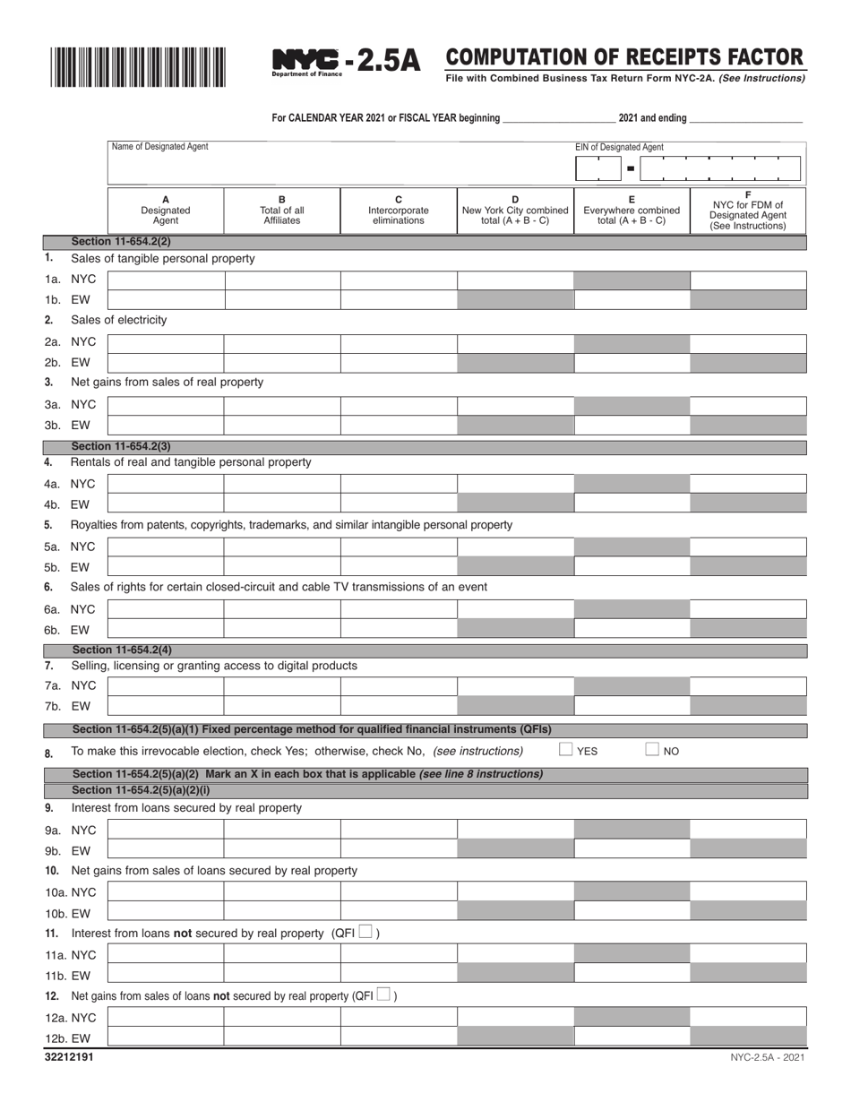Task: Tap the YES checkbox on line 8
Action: (x=565, y=750)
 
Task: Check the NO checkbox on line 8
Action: (x=652, y=750)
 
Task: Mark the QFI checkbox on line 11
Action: (x=365, y=933)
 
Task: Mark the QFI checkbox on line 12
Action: (x=383, y=994)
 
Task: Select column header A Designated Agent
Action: (x=166, y=211)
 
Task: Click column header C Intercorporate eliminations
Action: (x=399, y=211)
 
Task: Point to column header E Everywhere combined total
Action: (x=632, y=211)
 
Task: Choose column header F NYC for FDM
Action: (x=748, y=211)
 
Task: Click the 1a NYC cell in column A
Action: (x=166, y=280)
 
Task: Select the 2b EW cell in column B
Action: (x=282, y=363)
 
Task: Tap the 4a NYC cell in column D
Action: (x=515, y=484)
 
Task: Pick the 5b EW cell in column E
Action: (x=632, y=566)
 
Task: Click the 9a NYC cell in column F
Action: (x=748, y=829)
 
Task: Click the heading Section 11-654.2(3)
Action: (x=121, y=446)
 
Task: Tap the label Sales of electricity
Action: (x=118, y=320)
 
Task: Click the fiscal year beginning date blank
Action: (x=559, y=117)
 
